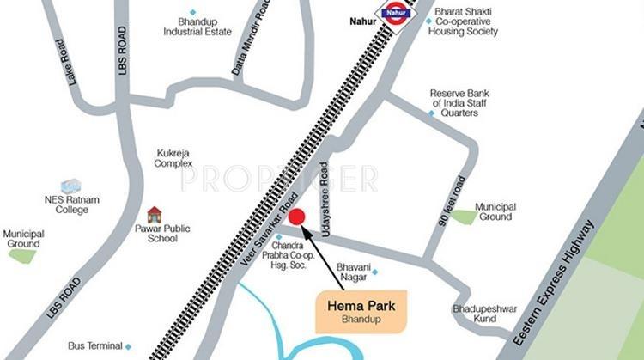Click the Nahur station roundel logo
click(x=396, y=14)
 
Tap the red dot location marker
click(x=297, y=216)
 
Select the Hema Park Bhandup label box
click(x=361, y=311)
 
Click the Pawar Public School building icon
click(x=155, y=214)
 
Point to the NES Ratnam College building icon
click(x=70, y=186)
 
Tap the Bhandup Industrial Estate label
click(x=197, y=27)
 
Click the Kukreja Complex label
click(x=174, y=158)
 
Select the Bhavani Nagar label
click(x=353, y=272)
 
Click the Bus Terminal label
click(x=94, y=346)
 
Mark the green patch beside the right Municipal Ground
click(x=464, y=217)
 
